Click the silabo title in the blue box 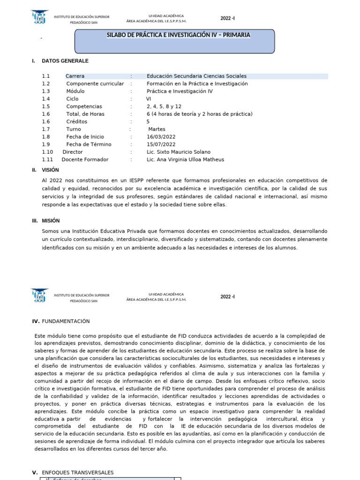179,35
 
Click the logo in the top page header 39,18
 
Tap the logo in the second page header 39,296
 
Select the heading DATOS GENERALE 65,61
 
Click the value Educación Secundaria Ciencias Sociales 196,76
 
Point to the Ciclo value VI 149,99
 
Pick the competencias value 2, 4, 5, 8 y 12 164,106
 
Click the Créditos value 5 148,121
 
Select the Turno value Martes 157,129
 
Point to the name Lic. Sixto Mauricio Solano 178,152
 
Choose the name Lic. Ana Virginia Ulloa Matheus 185,159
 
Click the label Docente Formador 85,159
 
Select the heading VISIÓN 51,170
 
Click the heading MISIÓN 51,221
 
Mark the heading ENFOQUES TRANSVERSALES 77,472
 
